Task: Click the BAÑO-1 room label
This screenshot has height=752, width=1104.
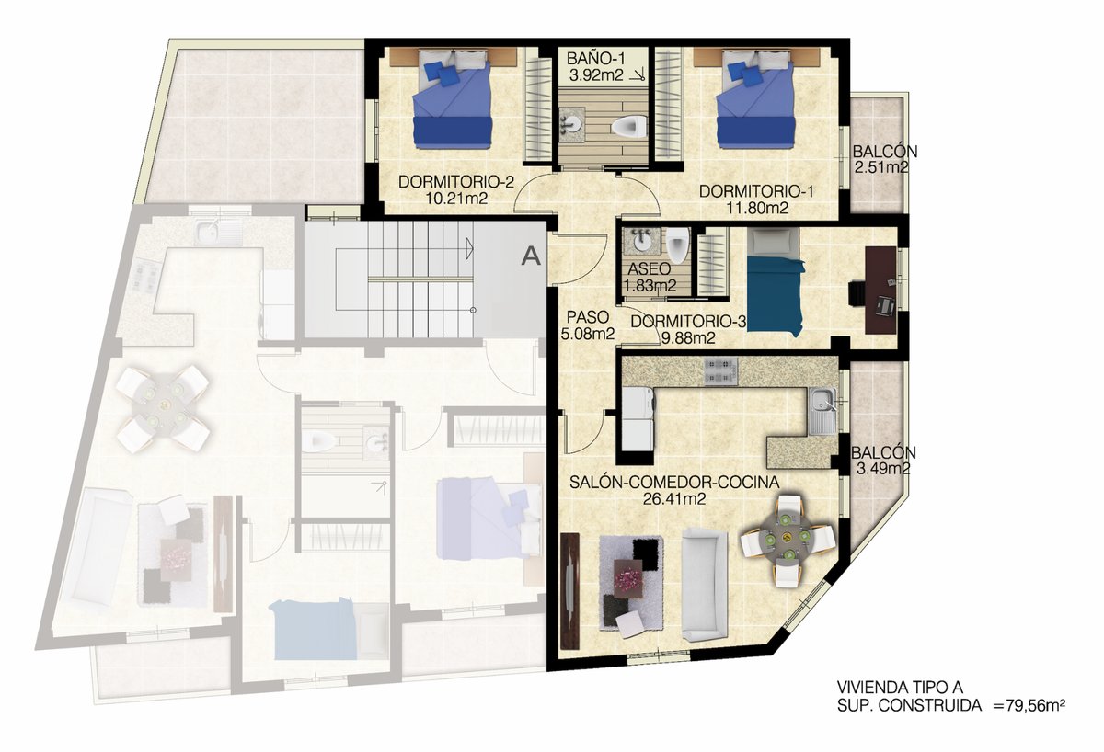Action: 595,59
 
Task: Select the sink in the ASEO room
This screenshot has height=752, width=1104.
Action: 641,241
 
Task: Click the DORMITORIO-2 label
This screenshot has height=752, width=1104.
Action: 456,182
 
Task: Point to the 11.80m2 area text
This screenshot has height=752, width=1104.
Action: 757,208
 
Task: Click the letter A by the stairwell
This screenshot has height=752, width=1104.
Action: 531,256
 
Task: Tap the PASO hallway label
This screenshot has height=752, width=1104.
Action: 588,316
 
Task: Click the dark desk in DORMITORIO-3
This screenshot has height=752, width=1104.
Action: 880,291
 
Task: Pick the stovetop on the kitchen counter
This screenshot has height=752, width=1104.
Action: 721,371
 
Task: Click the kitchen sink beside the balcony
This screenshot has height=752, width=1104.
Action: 822,411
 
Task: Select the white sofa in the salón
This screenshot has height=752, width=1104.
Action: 705,584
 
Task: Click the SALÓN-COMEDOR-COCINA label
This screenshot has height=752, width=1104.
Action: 674,482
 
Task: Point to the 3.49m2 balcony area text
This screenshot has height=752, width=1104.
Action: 882,468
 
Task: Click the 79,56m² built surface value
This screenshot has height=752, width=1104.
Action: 1029,705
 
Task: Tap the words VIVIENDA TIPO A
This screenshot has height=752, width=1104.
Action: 900,687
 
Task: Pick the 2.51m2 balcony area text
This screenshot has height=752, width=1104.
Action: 881,167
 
